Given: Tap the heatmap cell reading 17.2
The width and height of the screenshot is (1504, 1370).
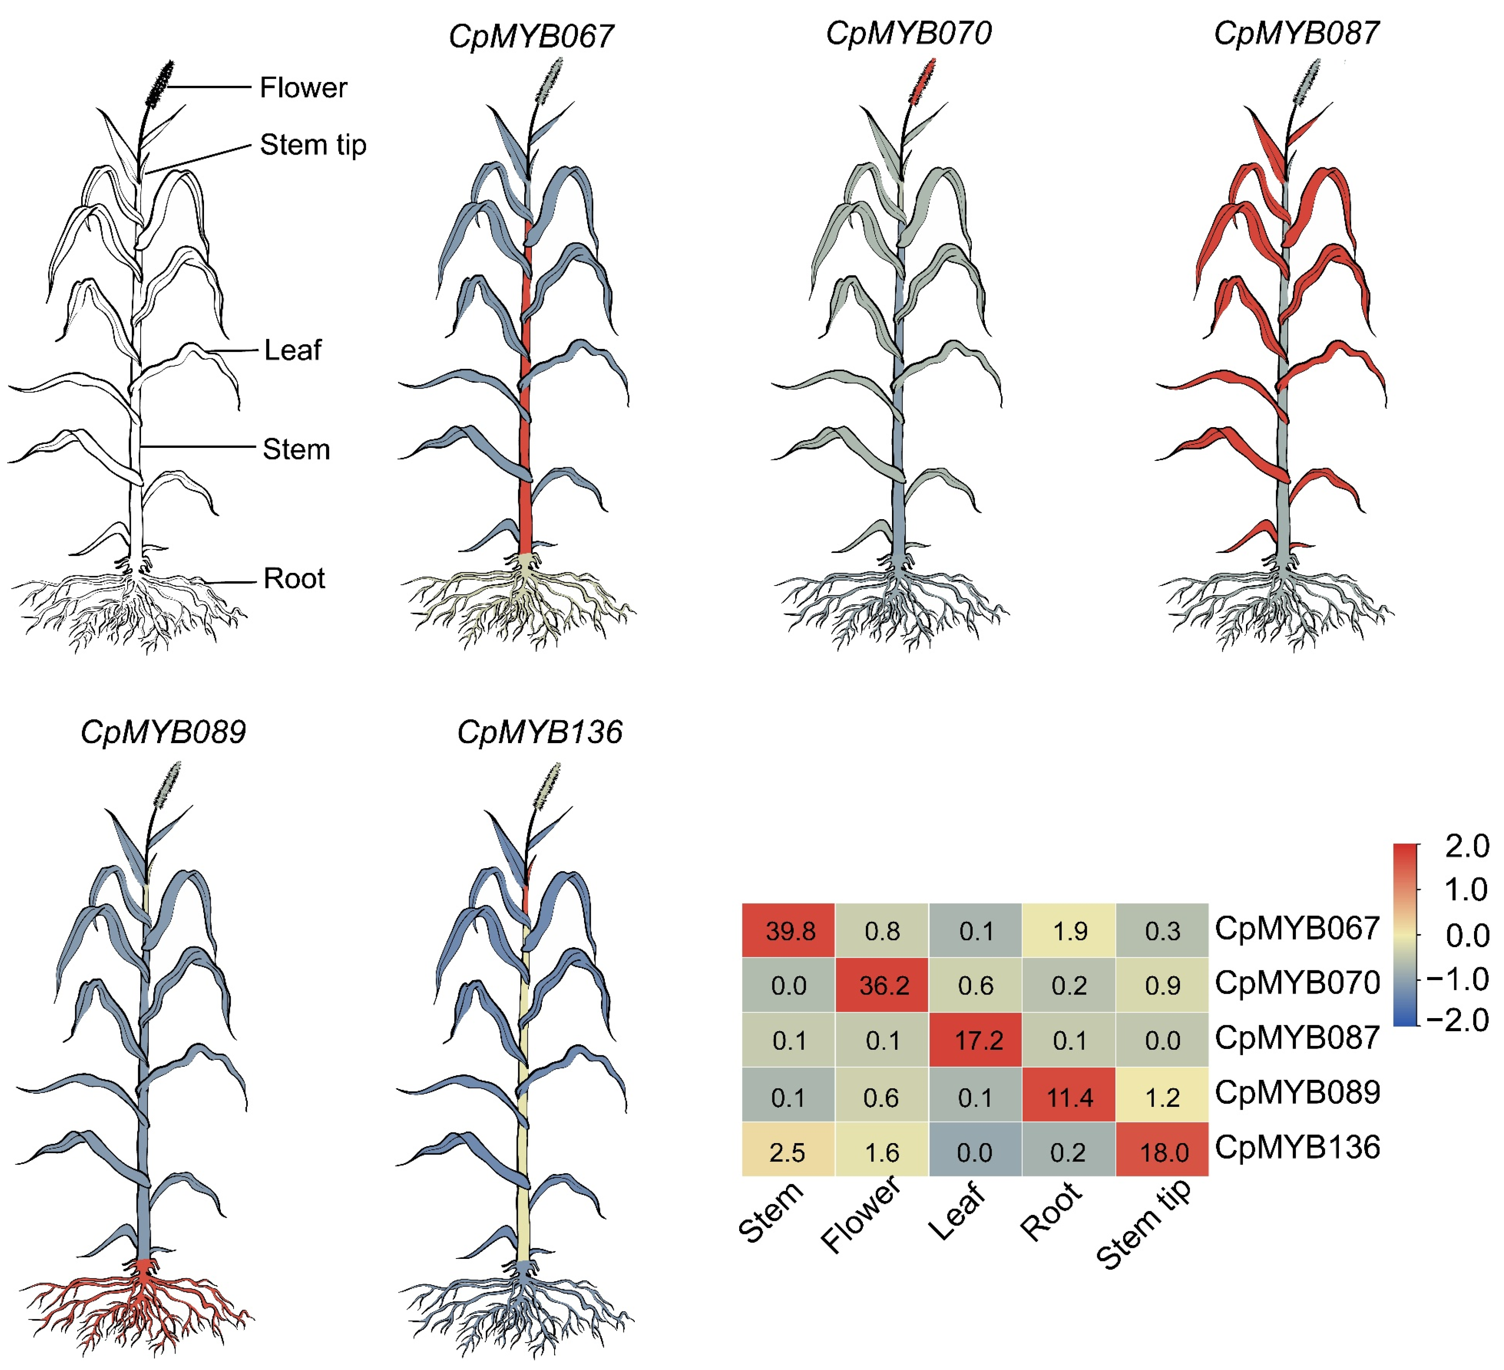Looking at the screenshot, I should tap(976, 1040).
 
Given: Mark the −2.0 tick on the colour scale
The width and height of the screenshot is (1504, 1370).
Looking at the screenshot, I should tap(1458, 1020).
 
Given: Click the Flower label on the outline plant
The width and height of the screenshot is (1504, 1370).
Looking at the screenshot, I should tap(303, 88).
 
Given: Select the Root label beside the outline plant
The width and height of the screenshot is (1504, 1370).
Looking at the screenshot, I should tap(294, 578).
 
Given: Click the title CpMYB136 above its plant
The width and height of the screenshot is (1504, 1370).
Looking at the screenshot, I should tap(539, 732).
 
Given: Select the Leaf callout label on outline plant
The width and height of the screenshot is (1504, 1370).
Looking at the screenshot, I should tap(292, 350).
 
